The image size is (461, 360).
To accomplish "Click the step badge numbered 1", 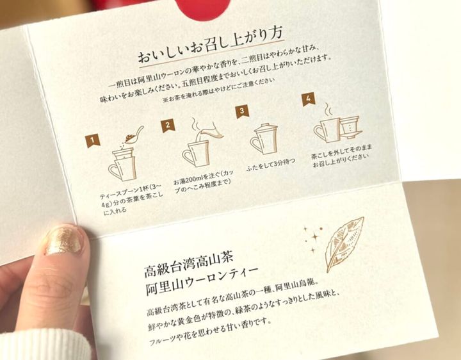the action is coord(93,140).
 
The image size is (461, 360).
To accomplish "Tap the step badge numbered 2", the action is coord(168,126).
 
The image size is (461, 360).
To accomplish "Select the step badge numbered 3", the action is coord(242,111).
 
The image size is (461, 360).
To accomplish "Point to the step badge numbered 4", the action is coord(309,99).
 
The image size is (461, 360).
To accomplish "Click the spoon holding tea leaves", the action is coord(134,136).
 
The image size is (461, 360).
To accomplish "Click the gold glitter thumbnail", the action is coord(63,240).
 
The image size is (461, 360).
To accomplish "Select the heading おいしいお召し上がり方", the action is coord(211,44).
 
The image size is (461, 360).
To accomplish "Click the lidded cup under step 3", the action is coord(264,139).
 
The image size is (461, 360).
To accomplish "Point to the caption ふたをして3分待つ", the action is coord(270,165).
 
